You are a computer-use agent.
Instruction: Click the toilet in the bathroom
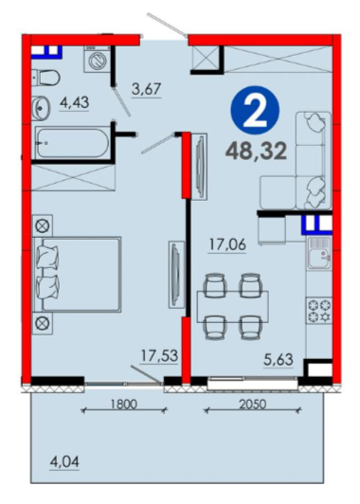[x=46, y=77]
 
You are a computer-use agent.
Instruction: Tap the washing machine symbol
[x=97, y=59]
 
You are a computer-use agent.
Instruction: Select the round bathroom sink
[x=41, y=108]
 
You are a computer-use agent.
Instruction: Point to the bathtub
[x=73, y=143]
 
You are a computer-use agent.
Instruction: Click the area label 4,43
[x=74, y=103]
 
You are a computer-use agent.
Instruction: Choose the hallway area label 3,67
[x=146, y=89]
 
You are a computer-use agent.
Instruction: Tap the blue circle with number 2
[x=255, y=110]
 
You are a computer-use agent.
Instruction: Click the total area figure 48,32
[x=256, y=152]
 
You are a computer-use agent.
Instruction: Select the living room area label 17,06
[x=227, y=245]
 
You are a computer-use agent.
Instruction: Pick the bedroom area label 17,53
[x=160, y=356]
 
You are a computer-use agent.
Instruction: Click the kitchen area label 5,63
[x=279, y=359]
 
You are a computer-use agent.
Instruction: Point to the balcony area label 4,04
[x=64, y=462]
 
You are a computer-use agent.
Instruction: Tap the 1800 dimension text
[x=124, y=404]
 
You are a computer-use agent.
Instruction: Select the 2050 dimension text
[x=253, y=404]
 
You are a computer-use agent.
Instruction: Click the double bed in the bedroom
[x=77, y=275]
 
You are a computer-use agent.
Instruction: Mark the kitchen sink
[x=319, y=253]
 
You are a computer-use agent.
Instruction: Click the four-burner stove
[x=319, y=311]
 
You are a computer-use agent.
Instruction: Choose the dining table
[x=233, y=306]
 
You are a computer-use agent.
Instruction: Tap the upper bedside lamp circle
[x=42, y=226]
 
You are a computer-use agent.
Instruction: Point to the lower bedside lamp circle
[x=42, y=323]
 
